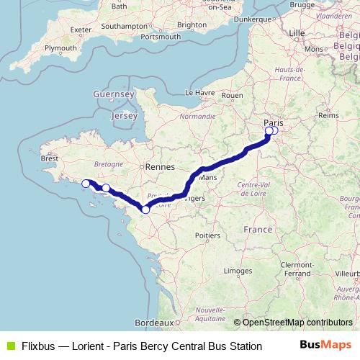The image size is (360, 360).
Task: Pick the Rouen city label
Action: (x=233, y=94)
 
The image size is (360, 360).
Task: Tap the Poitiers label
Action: (x=207, y=235)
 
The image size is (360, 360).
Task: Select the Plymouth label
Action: (x=60, y=48)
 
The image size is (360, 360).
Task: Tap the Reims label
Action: (x=328, y=114)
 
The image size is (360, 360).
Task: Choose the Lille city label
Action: (x=296, y=33)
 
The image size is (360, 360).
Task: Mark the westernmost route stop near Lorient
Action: (x=86, y=184)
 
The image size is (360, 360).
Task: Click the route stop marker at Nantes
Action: (x=145, y=210)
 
